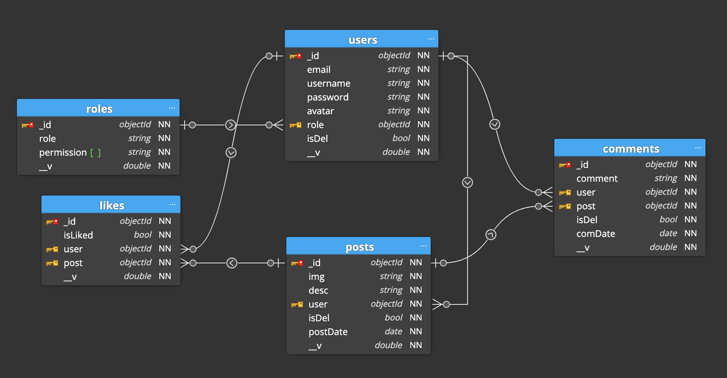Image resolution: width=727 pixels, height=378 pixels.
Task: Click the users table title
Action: (362, 40)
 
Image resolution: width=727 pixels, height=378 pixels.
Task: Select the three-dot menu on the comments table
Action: (697, 148)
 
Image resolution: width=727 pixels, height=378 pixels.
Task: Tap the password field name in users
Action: (327, 97)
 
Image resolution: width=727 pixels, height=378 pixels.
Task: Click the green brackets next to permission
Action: (96, 153)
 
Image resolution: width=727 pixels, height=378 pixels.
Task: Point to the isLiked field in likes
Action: (78, 235)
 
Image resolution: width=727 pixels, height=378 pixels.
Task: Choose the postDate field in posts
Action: (328, 332)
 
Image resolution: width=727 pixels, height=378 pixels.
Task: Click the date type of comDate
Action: (668, 233)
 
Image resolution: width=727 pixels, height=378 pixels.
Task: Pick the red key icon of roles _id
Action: (27, 125)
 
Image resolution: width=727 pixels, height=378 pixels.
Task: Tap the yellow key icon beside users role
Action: (296, 125)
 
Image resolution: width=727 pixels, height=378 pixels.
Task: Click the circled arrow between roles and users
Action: (230, 125)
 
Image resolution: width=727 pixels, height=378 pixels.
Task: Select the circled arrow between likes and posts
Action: (232, 263)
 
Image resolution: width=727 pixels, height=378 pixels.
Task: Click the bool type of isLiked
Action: (143, 235)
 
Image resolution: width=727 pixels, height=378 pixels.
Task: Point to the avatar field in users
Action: (320, 111)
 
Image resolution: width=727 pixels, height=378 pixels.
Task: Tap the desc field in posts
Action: (318, 291)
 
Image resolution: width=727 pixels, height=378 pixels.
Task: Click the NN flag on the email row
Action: (423, 69)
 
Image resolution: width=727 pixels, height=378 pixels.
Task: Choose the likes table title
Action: (112, 205)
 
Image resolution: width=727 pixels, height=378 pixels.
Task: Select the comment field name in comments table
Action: (597, 179)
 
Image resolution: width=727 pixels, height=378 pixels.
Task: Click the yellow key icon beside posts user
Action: (297, 304)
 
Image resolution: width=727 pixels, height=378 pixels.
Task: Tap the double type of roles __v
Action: (137, 166)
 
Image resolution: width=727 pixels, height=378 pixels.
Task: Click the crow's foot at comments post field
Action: (547, 206)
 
